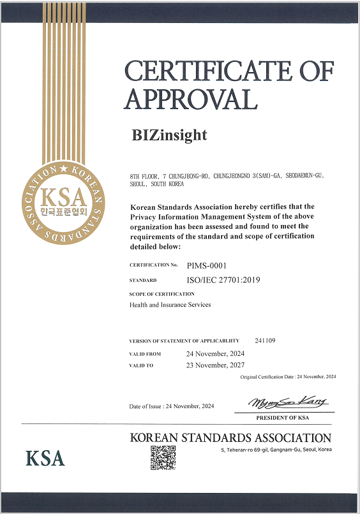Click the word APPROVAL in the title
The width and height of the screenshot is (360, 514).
pyautogui.click(x=191, y=98)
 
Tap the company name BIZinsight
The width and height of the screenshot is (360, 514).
pyautogui.click(x=169, y=135)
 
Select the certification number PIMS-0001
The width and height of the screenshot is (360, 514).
pyautogui.click(x=207, y=265)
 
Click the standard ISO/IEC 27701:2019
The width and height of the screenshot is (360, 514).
pyautogui.click(x=223, y=279)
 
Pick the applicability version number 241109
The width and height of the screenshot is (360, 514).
pyautogui.click(x=265, y=341)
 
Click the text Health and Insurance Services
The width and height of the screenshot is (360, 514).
pyautogui.click(x=170, y=305)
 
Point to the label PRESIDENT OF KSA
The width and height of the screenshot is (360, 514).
pyautogui.click(x=282, y=418)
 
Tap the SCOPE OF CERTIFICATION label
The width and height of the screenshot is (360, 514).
pyautogui.click(x=161, y=294)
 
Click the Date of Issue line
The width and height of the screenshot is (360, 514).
pyautogui.click(x=172, y=406)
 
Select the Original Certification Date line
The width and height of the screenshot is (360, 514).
pyautogui.click(x=288, y=377)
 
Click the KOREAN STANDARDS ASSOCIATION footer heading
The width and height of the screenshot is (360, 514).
pyautogui.click(x=230, y=438)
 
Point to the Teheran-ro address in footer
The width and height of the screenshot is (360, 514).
pyautogui.click(x=273, y=450)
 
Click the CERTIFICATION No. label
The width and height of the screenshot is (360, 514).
pyautogui.click(x=153, y=265)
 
